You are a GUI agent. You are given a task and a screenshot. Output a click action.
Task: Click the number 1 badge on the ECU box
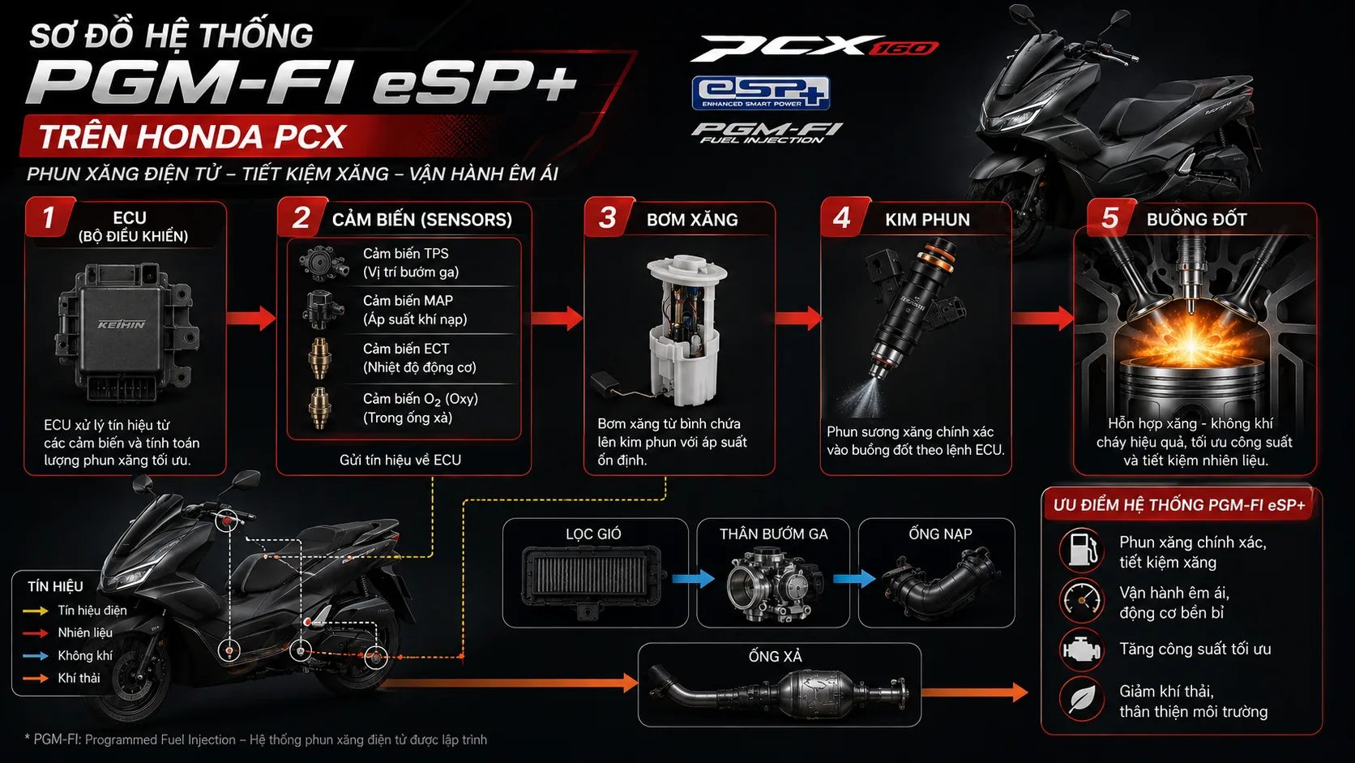[x=49, y=217]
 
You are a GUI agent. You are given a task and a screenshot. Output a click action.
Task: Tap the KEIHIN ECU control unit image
[x=126, y=332]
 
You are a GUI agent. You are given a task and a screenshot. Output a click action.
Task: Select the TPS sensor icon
[x=323, y=264]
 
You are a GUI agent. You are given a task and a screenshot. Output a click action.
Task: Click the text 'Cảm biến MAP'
[x=408, y=301]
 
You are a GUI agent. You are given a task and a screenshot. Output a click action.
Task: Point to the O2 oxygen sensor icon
[x=320, y=409]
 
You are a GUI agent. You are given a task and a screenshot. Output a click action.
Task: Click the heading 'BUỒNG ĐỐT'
[x=1196, y=220]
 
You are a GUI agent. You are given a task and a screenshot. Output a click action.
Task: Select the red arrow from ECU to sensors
[x=251, y=318]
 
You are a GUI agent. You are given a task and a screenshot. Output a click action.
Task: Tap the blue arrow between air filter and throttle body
[x=693, y=578]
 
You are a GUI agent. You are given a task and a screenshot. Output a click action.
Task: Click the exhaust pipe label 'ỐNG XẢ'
[x=776, y=657]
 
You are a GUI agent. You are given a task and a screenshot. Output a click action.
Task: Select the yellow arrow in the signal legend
[x=36, y=611]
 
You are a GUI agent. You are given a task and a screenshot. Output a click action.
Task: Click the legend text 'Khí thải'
[x=79, y=679]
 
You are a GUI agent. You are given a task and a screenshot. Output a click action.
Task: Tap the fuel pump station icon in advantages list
[x=1082, y=550]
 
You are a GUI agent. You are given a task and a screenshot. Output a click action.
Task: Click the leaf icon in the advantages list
[x=1082, y=700]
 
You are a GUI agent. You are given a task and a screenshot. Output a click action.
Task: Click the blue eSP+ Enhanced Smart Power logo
[x=761, y=93]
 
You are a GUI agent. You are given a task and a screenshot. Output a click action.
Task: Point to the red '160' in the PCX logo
[x=904, y=48]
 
